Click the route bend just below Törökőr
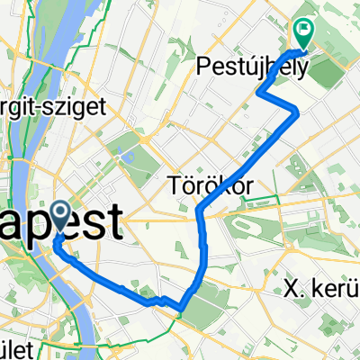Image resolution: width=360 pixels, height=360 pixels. pos(198,212)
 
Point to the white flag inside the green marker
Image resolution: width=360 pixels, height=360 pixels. pos(304,29)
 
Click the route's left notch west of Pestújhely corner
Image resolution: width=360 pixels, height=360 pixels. pos(259,92)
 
